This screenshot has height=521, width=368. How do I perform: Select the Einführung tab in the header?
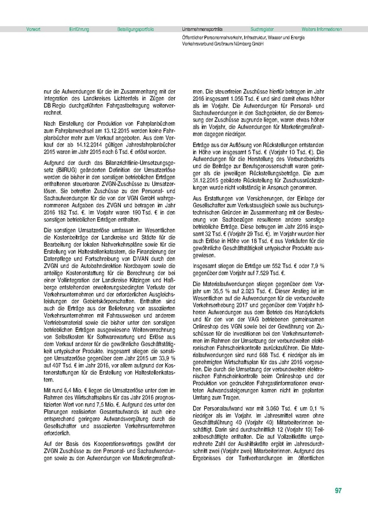[x=79, y=28]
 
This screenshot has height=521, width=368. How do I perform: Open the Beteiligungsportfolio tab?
[x=135, y=28]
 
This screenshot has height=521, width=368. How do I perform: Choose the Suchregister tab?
[x=262, y=28]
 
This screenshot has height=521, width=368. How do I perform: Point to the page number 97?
[x=338, y=491]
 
